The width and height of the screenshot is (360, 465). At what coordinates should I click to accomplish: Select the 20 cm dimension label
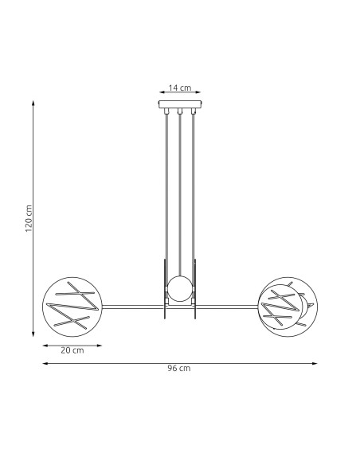[72, 351]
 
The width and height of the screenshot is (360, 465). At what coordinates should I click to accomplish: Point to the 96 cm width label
[179, 369]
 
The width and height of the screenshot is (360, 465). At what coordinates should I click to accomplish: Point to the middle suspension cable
[180, 191]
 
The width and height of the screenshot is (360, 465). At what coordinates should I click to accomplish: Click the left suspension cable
[166, 191]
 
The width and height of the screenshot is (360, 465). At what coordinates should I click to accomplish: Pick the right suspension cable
[194, 191]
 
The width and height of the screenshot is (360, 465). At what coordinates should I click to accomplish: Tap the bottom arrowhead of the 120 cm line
[33, 333]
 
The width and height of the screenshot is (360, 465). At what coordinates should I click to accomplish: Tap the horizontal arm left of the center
[131, 306]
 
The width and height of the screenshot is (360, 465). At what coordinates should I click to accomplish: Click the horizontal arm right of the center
[227, 306]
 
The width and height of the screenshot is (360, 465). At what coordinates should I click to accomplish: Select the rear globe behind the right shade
[307, 298]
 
